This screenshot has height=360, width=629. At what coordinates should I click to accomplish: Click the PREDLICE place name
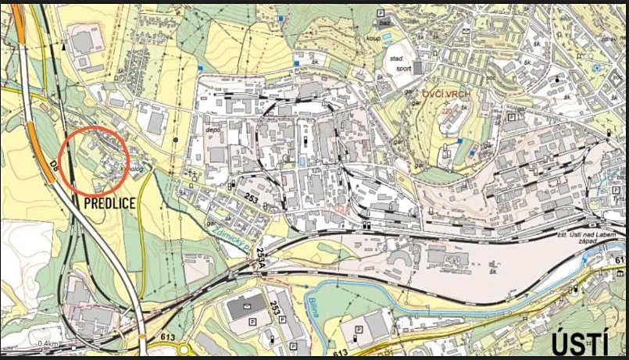109,203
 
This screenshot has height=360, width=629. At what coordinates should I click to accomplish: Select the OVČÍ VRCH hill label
446,94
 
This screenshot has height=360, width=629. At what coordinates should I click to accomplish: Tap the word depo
210,131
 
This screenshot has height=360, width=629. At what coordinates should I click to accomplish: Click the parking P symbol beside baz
381,14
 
